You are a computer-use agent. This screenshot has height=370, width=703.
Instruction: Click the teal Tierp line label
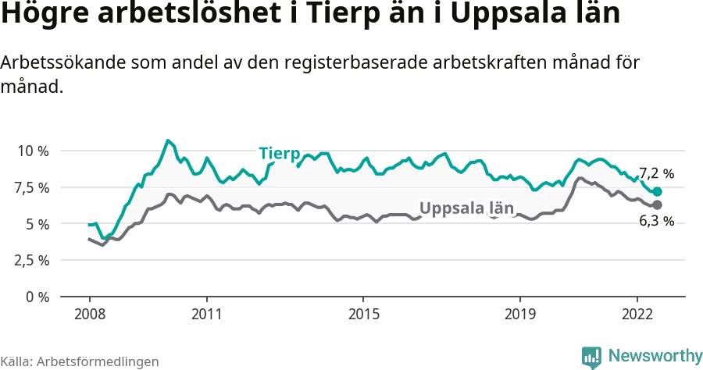pyautogui.click(x=280, y=152)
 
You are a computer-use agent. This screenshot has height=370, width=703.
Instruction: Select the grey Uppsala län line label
pyautogui.click(x=467, y=208)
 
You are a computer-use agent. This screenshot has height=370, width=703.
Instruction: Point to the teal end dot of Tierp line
pyautogui.click(x=657, y=192)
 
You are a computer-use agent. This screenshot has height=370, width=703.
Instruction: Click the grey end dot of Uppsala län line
pyautogui.click(x=657, y=205)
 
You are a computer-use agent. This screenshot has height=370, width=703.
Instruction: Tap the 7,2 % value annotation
pyautogui.click(x=656, y=173)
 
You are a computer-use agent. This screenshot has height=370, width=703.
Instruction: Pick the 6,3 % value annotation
pyautogui.click(x=656, y=222)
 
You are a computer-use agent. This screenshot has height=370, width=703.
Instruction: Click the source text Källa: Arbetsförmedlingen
pyautogui.click(x=80, y=361)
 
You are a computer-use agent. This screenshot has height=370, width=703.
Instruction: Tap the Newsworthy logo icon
pyautogui.click(x=591, y=357)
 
